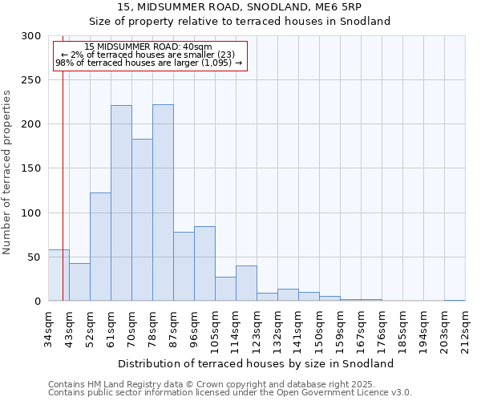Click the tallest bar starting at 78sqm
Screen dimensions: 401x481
point(163,202)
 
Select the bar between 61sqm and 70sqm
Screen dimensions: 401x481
point(121,203)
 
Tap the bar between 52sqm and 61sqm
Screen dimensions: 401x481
point(100,246)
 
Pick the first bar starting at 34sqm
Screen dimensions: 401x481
point(59,275)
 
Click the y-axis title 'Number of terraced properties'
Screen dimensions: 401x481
point(7,172)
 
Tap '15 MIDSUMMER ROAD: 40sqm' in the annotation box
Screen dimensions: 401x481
point(148,47)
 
